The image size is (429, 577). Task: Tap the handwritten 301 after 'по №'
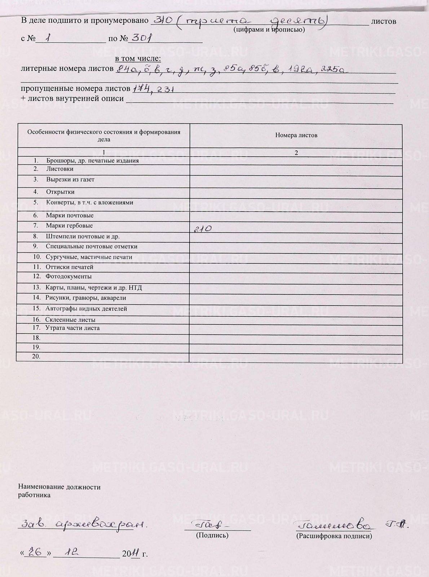(x=141, y=38)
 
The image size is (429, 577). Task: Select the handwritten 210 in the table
(x=203, y=228)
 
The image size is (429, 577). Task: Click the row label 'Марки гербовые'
(x=69, y=226)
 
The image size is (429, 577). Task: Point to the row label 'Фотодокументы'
(x=68, y=277)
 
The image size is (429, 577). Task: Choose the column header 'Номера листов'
(x=296, y=136)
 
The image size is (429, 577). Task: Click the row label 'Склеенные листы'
(x=70, y=320)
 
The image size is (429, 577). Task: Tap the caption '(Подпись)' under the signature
(x=212, y=535)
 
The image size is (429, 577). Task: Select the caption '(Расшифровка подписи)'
(x=334, y=536)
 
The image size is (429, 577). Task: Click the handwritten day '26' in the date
(x=35, y=552)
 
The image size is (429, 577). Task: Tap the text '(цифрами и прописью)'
(x=269, y=30)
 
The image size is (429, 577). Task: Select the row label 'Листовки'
(x=60, y=169)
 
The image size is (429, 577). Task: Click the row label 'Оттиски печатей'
(x=70, y=267)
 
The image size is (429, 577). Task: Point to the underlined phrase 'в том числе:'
(x=138, y=59)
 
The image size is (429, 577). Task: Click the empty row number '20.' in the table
(x=36, y=356)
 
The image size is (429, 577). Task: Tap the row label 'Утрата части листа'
(x=72, y=328)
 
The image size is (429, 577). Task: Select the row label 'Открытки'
(x=60, y=192)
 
